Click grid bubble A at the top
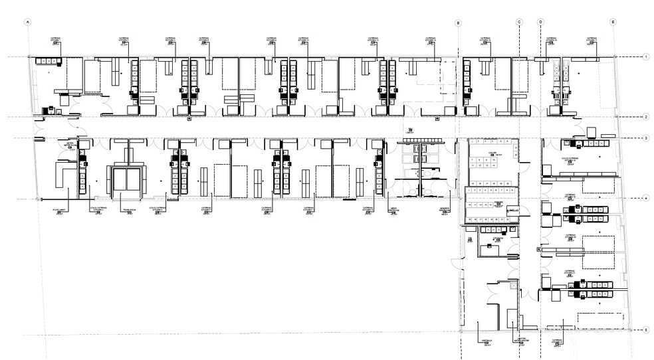point(28,21)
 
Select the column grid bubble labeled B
point(457,23)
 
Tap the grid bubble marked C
point(518,21)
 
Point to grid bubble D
point(540,21)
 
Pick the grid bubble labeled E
point(613,21)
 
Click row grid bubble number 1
point(645,58)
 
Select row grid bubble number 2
point(645,117)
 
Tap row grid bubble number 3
point(645,137)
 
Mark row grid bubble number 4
point(645,198)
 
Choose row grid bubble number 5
point(645,329)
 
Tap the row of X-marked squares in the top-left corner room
point(48,62)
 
